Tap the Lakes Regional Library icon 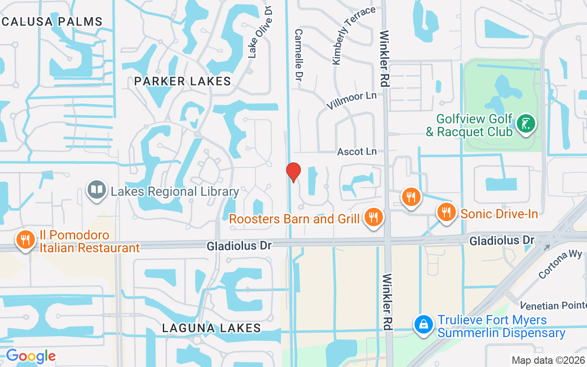(x=97, y=190)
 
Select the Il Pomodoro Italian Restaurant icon (x=26, y=239)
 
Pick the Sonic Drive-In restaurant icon (x=445, y=212)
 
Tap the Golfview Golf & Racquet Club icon (x=526, y=123)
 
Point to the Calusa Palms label (x=51, y=22)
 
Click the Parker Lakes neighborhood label (x=183, y=82)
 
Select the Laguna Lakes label (x=212, y=328)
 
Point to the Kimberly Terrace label (x=354, y=35)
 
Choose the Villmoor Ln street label (x=351, y=100)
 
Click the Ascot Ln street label (x=357, y=151)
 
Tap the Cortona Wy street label (x=560, y=264)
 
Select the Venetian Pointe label (x=553, y=306)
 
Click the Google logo (x=31, y=356)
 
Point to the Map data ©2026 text (x=548, y=360)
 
